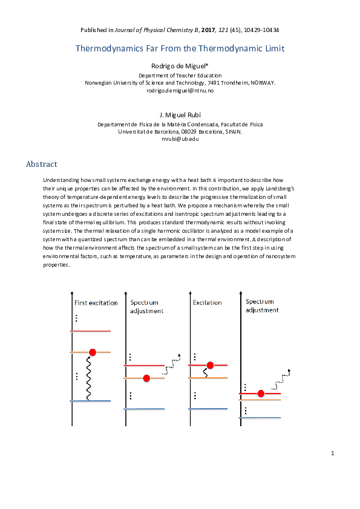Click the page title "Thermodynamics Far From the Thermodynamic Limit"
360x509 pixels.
[x=180, y=48]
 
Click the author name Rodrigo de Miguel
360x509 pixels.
[x=180, y=65]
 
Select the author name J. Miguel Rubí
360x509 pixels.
[x=180, y=114]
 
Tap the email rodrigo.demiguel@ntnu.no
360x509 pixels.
[x=180, y=90]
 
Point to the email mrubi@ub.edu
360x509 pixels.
[x=180, y=139]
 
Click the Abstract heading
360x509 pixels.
[x=42, y=164]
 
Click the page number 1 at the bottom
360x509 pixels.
[x=332, y=453]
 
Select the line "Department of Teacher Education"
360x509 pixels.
[x=180, y=75]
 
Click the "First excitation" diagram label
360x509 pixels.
[x=96, y=303]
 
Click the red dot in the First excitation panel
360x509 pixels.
[x=92, y=352]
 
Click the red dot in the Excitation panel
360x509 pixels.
[x=210, y=365]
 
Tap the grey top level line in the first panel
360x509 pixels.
[x=91, y=331]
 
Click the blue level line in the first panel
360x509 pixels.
[x=91, y=401]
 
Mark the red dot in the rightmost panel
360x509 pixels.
[x=261, y=394]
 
